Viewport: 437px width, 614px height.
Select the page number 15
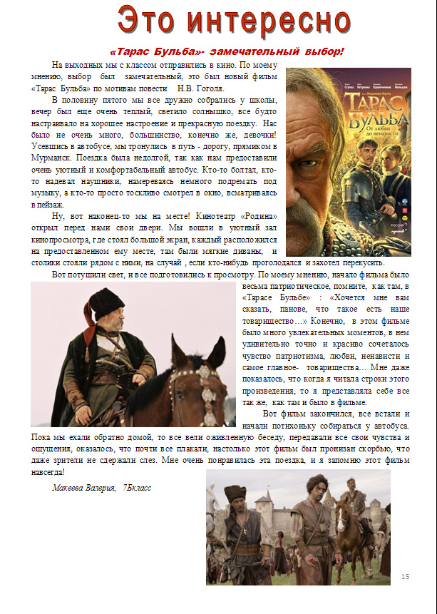[x=406, y=576]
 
